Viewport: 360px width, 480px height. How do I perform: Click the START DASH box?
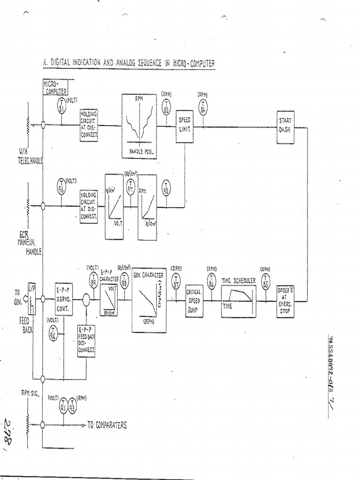click(x=285, y=125)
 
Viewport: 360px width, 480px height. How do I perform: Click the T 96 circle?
click(x=61, y=186)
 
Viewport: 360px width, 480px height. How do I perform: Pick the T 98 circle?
click(x=165, y=188)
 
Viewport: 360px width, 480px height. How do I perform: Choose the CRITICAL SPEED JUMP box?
click(x=194, y=300)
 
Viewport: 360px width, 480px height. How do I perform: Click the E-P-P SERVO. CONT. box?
click(x=64, y=299)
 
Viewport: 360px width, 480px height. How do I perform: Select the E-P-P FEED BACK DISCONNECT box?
click(x=86, y=340)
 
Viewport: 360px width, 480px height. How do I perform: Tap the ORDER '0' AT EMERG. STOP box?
click(x=285, y=300)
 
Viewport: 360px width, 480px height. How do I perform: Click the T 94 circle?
click(x=53, y=333)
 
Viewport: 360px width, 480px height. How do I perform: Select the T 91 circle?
click(x=64, y=405)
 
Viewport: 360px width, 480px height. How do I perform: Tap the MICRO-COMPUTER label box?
click(x=55, y=87)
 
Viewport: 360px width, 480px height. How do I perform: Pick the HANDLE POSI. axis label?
click(x=139, y=151)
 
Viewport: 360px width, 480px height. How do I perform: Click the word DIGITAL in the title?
click(x=66, y=63)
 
